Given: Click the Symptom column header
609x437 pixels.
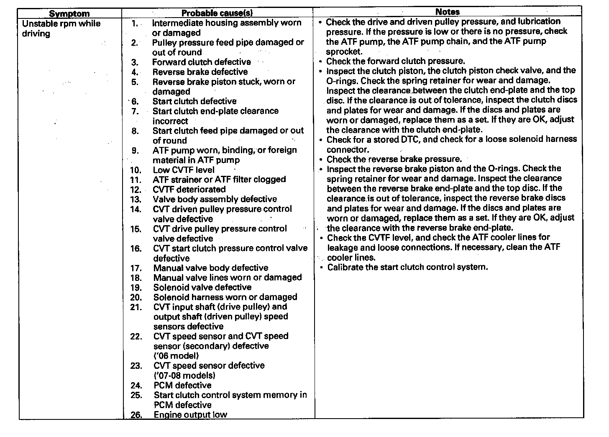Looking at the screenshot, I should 69,13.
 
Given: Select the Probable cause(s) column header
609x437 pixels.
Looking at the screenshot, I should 217,13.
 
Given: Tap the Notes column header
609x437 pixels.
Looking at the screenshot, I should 448,12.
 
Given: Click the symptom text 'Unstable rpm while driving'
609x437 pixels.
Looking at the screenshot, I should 61,28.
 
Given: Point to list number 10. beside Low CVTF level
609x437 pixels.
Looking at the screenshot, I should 136,170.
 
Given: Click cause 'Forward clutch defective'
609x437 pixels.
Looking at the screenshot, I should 202,62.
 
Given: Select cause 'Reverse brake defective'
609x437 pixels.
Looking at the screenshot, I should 200,72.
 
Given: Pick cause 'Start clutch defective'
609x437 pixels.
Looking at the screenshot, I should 194,101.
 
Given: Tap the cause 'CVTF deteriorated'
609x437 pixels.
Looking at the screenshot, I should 189,190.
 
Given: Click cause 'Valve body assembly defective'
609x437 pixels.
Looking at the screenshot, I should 215,199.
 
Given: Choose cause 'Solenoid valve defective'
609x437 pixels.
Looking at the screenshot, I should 202,288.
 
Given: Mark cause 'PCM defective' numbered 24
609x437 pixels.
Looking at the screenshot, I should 182,386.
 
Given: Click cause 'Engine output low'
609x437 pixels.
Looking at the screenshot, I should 190,415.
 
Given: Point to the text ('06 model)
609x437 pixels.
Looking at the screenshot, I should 176,356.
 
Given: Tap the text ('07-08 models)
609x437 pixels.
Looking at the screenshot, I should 184,375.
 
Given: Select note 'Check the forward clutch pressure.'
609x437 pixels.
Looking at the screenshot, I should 395,61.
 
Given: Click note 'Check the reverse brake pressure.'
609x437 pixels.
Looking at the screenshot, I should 394,159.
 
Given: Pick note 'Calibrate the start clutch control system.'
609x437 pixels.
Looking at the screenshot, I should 407,267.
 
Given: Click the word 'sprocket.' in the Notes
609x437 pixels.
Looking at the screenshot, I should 344,51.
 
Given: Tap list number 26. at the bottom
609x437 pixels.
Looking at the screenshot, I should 136,415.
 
